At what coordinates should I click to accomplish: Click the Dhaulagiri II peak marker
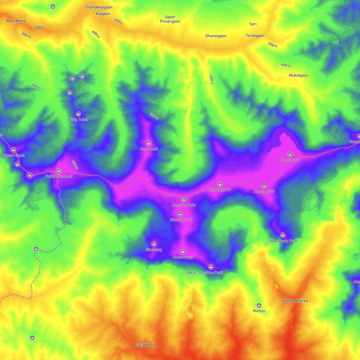coord(290,154)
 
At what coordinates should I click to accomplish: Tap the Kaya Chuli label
coord(149,149)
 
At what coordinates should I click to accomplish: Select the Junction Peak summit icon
coord(184,200)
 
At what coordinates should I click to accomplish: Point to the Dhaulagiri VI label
coord(180,220)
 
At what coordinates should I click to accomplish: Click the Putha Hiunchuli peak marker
coord(59,171)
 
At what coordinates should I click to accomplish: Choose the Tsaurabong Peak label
coord(283,241)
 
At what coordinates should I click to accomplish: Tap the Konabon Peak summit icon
coord(211,267)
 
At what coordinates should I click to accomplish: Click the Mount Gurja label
coord(183,257)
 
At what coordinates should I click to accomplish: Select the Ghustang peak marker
coord(154,244)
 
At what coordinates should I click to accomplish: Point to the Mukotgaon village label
coord(298,75)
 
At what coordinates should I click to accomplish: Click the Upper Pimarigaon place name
coord(170,19)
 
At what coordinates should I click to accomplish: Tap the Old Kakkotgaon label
coord(99,7)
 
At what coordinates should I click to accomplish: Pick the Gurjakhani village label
coord(145,345)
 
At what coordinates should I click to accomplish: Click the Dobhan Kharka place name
coord(295,301)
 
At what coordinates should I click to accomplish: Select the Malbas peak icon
coord(259,305)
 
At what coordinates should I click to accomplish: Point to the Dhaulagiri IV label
coord(220,190)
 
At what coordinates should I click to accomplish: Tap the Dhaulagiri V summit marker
coord(264,186)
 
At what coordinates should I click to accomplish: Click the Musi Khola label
coord(16,21)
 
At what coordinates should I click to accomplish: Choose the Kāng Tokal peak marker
coord(78,114)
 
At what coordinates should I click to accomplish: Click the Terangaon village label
coord(255,36)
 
